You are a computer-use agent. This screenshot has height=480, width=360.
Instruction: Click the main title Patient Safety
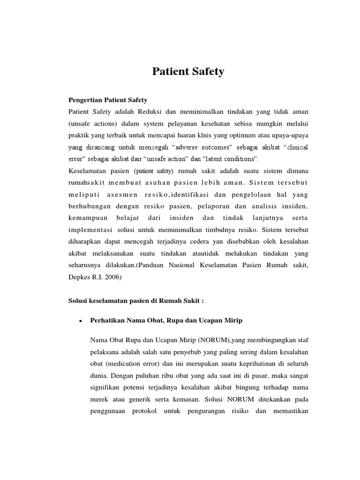pyautogui.click(x=188, y=72)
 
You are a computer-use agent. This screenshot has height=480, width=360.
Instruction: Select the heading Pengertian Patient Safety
pyautogui.click(x=108, y=100)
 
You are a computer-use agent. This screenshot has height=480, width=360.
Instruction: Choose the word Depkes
pyautogui.click(x=79, y=277)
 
